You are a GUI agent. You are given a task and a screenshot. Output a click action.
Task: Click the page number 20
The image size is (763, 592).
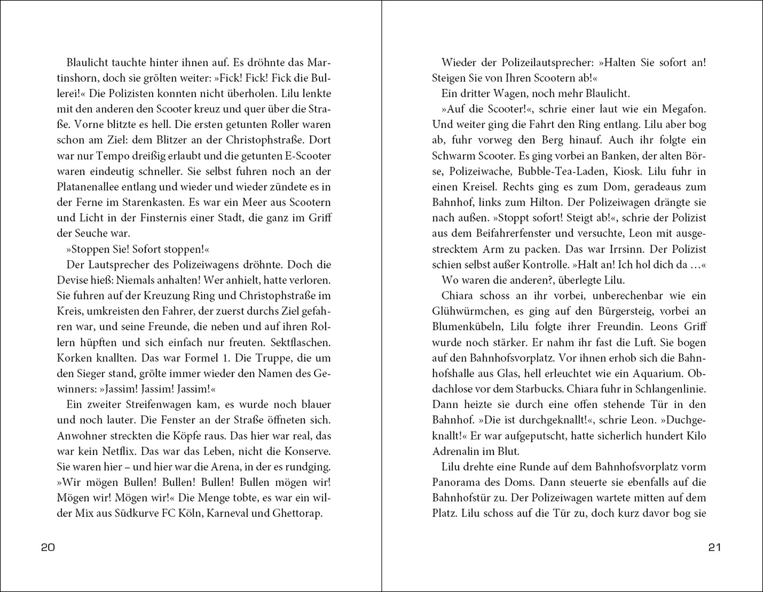point(48,547)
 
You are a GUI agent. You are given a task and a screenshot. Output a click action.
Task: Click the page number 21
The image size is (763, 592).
point(715,547)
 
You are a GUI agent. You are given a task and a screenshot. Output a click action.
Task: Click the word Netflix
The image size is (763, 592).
point(129,451)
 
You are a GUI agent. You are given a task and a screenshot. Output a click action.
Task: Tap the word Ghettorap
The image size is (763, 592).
point(294,513)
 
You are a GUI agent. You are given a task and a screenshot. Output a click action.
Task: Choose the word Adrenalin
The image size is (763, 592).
point(455,451)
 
